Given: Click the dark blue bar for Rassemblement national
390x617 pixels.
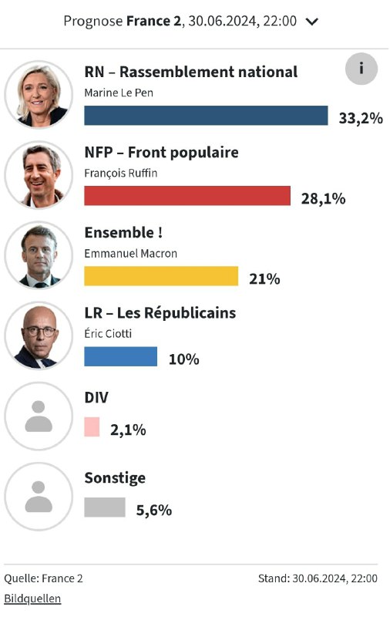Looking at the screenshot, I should coord(206,116).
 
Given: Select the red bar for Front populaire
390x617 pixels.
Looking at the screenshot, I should coord(187,196).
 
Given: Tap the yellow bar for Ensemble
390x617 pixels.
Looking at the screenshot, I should coord(161,276).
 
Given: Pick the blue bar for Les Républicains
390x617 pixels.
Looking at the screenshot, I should coord(120,356).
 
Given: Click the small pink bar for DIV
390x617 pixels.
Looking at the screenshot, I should coord(92,427).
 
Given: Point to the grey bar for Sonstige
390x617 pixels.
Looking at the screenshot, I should coord(104,507).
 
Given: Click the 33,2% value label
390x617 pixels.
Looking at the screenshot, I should coord(361,118).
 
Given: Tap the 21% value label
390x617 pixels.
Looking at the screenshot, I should coord(264,278).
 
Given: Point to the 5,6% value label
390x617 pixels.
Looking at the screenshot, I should coord(153,510).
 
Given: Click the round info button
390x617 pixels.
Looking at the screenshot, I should coord(361,69).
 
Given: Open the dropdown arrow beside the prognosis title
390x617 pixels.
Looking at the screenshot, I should coord(312,22).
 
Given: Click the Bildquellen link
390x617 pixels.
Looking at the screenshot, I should coord(32,598).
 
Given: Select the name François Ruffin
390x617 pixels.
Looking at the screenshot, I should coord(120,172).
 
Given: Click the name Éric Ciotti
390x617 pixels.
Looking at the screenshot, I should coord(109,332).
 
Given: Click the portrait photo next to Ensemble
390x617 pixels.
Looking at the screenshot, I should coord(38,255).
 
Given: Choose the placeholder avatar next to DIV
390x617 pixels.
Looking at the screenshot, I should coord(38,416).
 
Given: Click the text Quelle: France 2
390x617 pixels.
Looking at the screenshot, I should coord(43,578).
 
